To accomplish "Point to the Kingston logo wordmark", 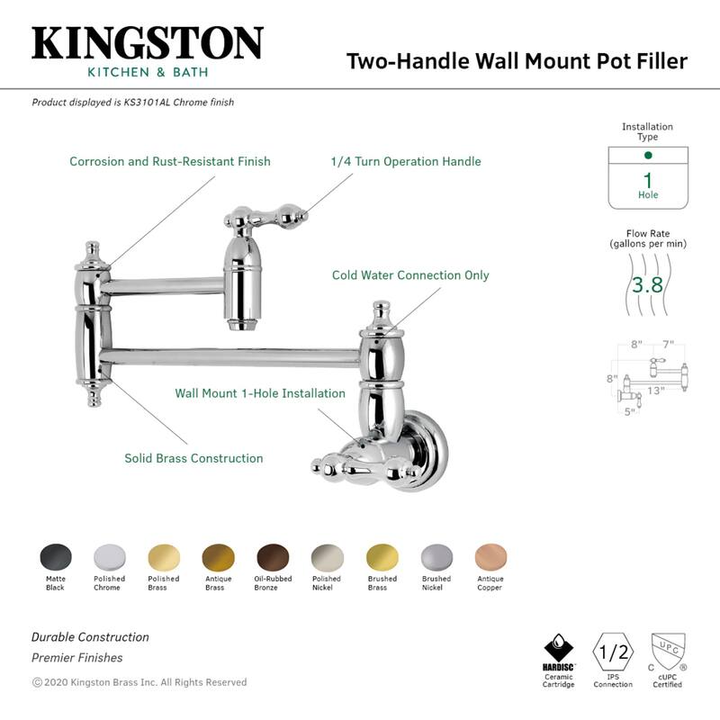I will point(148,44).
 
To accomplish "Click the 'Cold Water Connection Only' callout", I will point(410,275).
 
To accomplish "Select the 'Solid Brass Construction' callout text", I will point(193,458).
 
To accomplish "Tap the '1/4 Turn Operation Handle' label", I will point(406,162).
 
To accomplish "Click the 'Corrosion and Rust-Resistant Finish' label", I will point(170,162).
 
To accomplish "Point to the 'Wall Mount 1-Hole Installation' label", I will point(260,393).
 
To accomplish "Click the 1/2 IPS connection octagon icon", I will point(613,650).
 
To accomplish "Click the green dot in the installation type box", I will point(648,156).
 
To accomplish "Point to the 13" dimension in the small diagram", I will point(655,391).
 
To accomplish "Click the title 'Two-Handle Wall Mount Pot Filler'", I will point(517,61).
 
